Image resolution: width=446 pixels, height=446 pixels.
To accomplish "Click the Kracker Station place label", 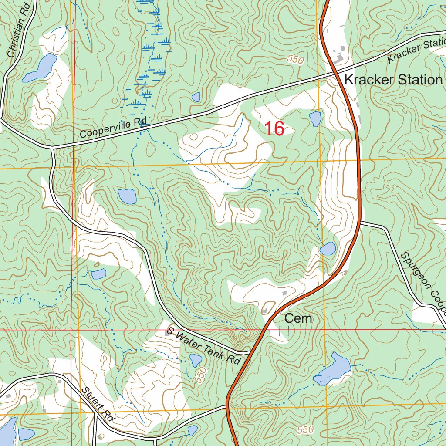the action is point(393,80).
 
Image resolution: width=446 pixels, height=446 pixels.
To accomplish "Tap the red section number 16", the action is point(274,128).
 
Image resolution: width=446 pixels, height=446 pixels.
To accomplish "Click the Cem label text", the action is point(298,318).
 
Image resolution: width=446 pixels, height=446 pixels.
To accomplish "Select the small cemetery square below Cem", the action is point(284,331).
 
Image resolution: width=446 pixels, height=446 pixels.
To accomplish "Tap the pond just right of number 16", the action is point(315,118).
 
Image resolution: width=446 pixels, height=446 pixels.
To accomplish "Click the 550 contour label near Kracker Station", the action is point(295,60).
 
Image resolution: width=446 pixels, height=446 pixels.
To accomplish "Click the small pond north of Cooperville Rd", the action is point(196,97).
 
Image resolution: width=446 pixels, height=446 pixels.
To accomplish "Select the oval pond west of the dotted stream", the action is point(127,197).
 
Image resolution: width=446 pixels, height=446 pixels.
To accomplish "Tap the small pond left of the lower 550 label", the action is point(195,360).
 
